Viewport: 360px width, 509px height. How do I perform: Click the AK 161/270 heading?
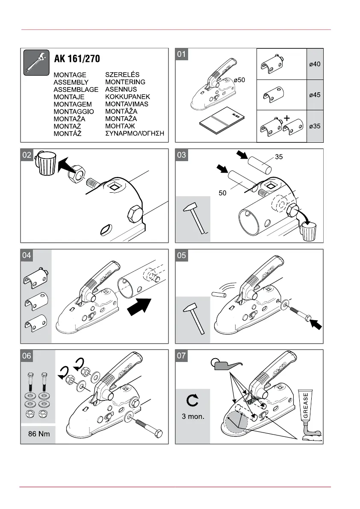click(x=77, y=59)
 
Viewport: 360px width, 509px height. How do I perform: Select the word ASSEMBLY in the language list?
click(x=71, y=82)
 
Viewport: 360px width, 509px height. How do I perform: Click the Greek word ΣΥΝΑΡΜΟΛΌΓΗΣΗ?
click(x=135, y=133)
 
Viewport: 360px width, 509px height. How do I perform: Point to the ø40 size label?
click(x=315, y=64)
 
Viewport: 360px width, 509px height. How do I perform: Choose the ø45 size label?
click(x=315, y=95)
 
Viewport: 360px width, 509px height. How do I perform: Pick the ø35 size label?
click(x=315, y=127)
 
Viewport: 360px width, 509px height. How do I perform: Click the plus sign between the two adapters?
click(x=286, y=117)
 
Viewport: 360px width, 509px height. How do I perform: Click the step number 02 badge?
click(x=27, y=155)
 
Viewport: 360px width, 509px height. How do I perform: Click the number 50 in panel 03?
click(x=223, y=193)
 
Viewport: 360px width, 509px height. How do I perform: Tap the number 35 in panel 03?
click(x=279, y=157)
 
